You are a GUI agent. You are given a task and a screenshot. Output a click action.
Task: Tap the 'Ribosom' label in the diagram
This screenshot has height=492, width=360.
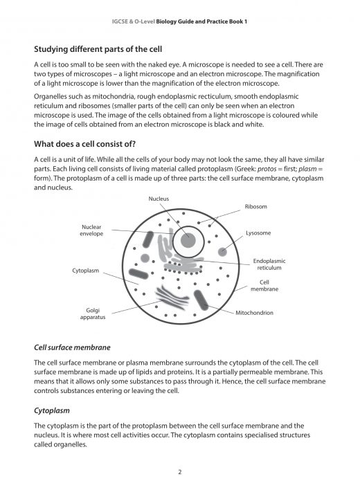(x=255, y=206)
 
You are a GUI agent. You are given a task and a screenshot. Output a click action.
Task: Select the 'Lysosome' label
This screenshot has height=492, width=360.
(x=258, y=233)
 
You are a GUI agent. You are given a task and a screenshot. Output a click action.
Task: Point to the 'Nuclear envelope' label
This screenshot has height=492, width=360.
(x=91, y=230)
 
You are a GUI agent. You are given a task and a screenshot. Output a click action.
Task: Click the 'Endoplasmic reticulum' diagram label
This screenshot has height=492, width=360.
(x=269, y=264)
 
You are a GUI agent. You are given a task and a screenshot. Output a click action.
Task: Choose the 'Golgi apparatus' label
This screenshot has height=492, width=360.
(x=93, y=313)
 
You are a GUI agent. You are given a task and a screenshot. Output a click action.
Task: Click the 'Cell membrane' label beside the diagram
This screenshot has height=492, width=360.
(x=269, y=286)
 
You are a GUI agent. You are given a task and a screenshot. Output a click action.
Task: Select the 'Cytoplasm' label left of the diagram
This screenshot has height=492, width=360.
(x=86, y=270)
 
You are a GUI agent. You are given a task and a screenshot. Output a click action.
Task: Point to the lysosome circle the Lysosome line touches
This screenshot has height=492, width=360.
(x=222, y=251)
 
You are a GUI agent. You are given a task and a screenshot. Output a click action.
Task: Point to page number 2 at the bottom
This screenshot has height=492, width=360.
(x=179, y=472)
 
